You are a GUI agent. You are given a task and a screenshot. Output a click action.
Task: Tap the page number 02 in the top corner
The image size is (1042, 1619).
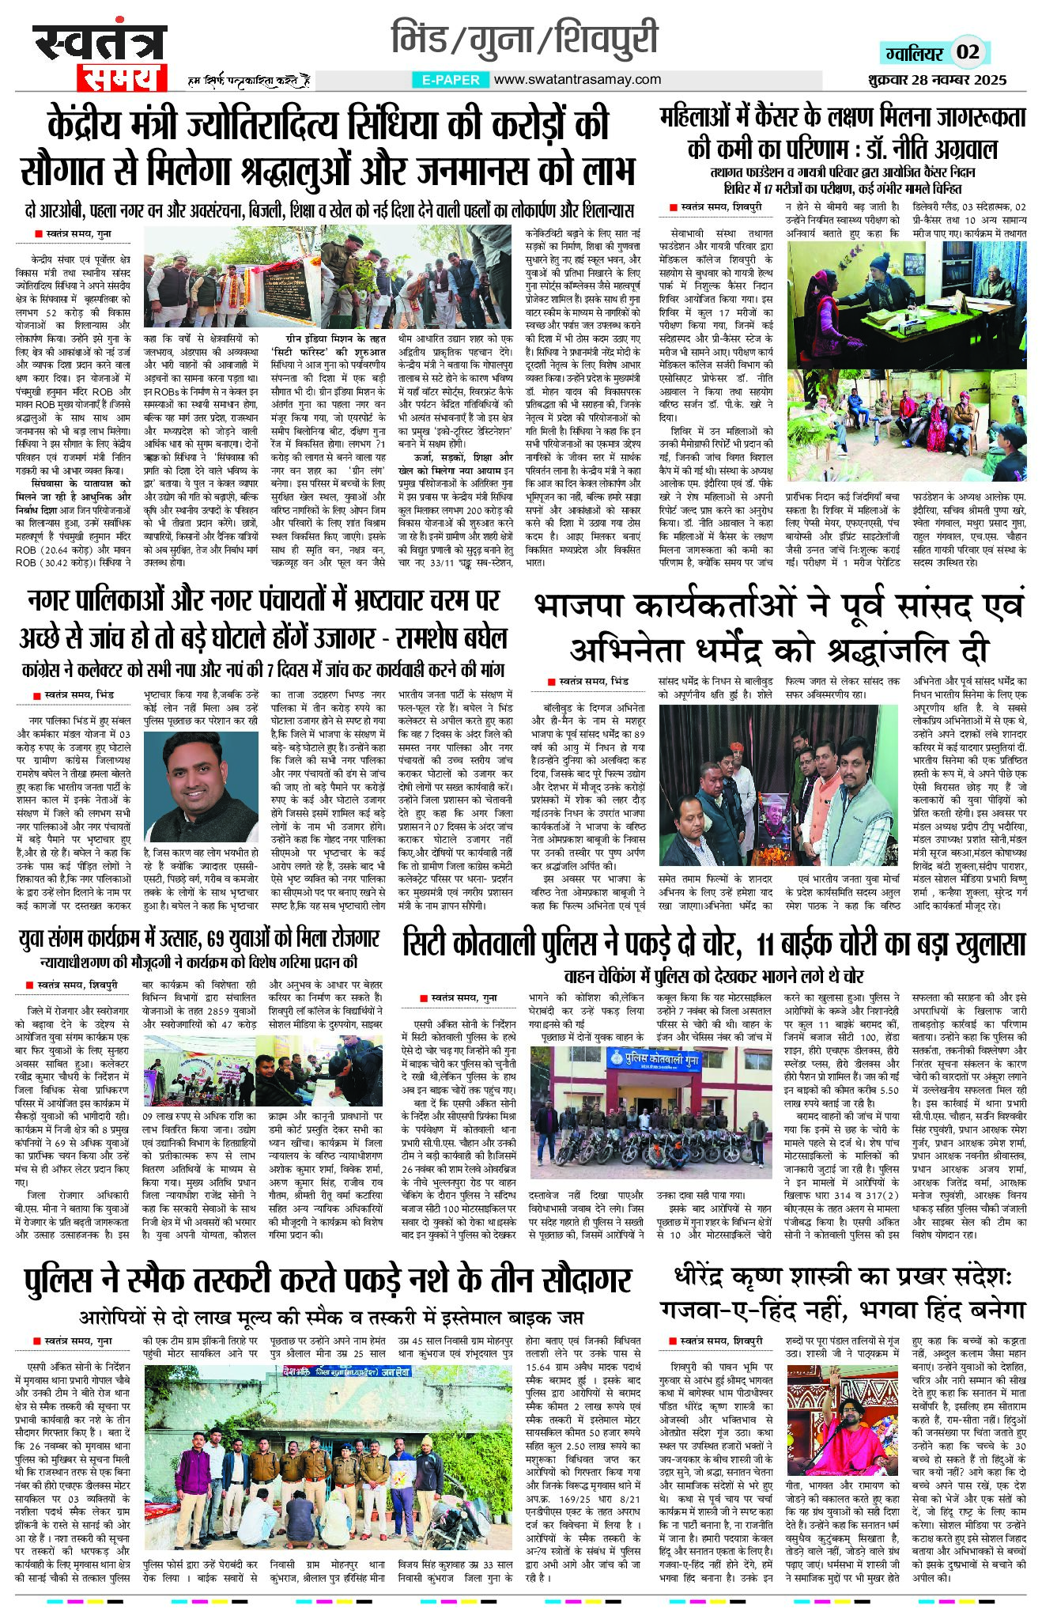[968, 52]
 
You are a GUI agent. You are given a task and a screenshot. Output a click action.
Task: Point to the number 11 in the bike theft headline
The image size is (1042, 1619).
[769, 943]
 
